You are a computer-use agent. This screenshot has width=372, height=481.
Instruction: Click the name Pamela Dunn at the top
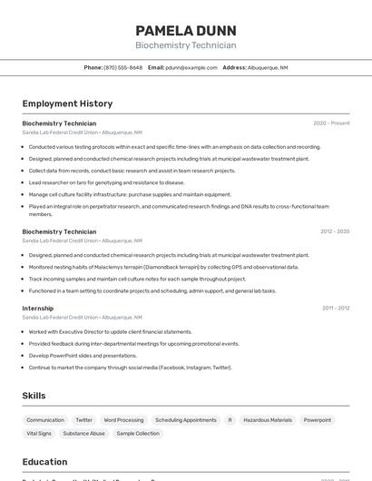click(x=185, y=30)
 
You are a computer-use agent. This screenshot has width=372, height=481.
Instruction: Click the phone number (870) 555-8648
click(x=122, y=67)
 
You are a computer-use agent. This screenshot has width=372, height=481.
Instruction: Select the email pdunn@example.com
click(x=191, y=67)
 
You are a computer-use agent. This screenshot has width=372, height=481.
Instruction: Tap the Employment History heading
click(x=67, y=103)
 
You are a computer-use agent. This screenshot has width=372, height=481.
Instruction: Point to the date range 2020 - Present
click(x=331, y=123)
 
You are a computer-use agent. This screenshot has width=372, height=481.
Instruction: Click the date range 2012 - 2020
click(x=335, y=231)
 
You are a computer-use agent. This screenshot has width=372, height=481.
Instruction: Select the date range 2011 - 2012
click(x=336, y=309)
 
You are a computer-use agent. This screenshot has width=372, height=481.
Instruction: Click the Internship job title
click(x=38, y=309)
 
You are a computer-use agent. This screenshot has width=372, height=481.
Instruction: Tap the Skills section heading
click(x=34, y=396)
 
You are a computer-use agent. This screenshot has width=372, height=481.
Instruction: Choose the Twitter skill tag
click(x=84, y=420)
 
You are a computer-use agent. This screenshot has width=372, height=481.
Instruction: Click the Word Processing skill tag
click(x=123, y=420)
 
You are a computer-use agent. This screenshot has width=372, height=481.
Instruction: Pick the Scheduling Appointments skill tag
click(x=186, y=420)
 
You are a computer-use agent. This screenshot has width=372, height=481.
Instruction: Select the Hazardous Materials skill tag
click(x=268, y=420)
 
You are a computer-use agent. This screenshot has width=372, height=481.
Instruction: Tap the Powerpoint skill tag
click(x=318, y=420)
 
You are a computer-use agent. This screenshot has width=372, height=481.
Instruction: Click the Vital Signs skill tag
click(x=39, y=434)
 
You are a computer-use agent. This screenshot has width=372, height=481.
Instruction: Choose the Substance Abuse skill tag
click(x=84, y=434)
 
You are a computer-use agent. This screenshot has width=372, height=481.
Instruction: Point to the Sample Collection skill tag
click(x=138, y=434)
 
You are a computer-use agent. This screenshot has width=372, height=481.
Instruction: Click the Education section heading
click(x=44, y=462)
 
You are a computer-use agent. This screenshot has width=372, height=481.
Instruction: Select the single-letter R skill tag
click(x=230, y=420)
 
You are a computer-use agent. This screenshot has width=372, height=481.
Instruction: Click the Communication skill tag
click(x=45, y=420)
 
